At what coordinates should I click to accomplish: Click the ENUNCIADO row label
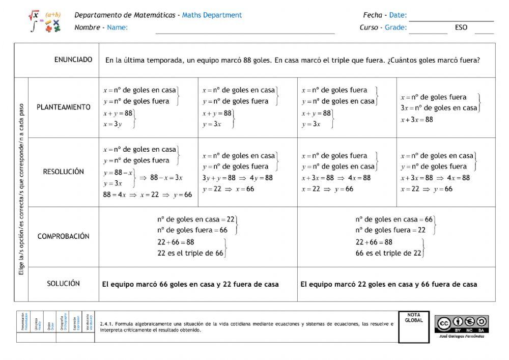73,60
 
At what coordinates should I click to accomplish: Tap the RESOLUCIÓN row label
64,172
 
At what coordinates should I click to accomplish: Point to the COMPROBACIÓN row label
64,236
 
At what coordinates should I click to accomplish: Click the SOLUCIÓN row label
64,283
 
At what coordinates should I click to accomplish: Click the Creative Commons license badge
462,323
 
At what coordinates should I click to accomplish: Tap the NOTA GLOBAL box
414,326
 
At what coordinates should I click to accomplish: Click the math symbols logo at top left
45,21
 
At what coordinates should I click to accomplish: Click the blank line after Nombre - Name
245,32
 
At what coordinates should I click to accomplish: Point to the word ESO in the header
461,28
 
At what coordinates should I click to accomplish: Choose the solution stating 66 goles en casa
190,284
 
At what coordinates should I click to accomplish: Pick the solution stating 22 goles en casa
389,284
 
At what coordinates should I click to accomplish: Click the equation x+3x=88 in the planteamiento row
417,120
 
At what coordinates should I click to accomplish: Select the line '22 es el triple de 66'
190,253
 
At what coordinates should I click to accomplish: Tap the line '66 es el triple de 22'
388,253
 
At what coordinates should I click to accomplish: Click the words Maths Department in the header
212,15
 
